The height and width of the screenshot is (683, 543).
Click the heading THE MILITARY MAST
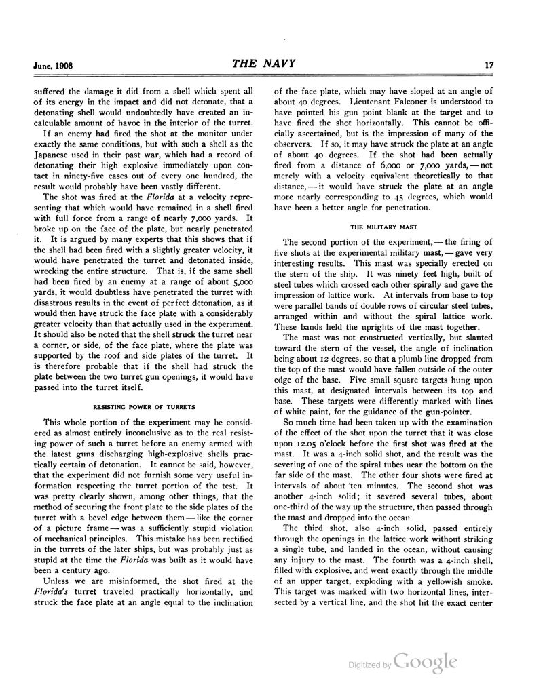click(383, 227)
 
